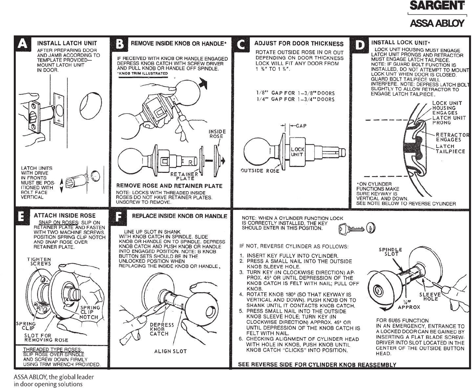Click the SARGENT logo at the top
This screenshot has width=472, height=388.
tap(437, 6)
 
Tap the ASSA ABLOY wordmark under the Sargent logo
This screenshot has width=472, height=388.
tap(437, 23)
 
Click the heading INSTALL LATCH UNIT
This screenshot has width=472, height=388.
tap(67, 43)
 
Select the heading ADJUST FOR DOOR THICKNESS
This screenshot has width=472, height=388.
tap(299, 44)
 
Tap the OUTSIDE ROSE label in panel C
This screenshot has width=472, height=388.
tap(260, 171)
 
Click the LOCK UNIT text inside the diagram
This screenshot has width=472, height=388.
tap(298, 152)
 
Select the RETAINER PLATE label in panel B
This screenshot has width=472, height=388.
tap(185, 176)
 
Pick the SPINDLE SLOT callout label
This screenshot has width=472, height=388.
tap(390, 252)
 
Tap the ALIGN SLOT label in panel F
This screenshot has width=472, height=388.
tap(170, 351)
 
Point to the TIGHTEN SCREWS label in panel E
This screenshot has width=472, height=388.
tap(39, 261)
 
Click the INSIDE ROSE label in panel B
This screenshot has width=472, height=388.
tap(217, 134)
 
